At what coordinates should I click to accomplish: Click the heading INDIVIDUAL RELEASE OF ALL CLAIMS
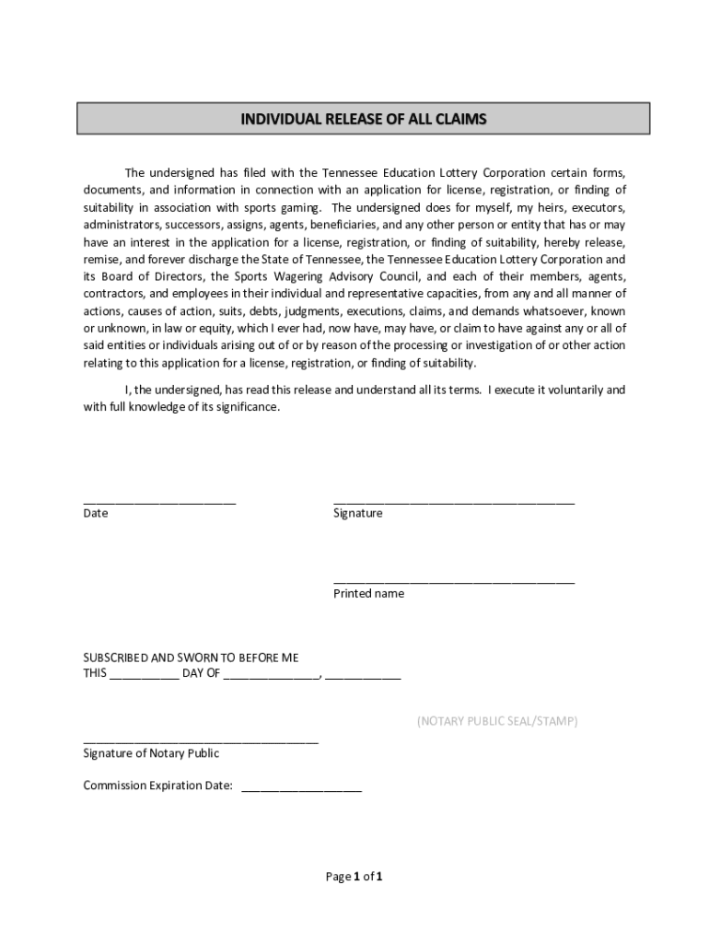[x=363, y=120]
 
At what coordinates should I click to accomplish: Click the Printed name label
[x=368, y=594]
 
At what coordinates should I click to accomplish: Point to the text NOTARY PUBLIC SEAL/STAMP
[x=496, y=721]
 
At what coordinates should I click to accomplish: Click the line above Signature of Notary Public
[x=201, y=741]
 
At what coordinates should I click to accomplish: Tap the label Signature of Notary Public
[x=151, y=753]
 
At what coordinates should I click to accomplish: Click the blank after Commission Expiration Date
[x=301, y=788]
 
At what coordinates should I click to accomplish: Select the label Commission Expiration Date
[x=157, y=786]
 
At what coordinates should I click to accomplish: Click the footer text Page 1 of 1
[x=354, y=877]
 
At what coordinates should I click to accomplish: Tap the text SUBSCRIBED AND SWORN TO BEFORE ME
[x=191, y=658]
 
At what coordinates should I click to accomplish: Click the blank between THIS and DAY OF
[x=145, y=676]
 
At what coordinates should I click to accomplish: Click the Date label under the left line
[x=96, y=513]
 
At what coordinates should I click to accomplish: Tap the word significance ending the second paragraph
[x=247, y=407]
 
